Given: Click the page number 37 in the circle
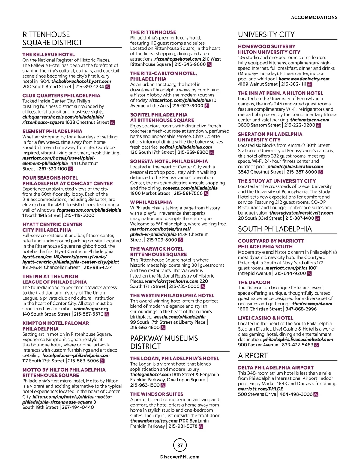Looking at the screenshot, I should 180,445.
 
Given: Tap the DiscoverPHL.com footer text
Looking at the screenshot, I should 180,457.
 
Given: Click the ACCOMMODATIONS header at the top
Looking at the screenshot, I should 314,17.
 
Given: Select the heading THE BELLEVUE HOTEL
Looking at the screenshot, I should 49,55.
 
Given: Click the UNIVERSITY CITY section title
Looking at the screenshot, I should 266,34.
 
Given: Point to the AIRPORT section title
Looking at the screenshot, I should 253,356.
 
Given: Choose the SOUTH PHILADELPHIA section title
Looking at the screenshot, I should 275,229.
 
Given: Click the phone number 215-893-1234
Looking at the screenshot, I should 90,87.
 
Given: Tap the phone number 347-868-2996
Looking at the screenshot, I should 301,309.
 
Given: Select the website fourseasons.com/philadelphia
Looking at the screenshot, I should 89,210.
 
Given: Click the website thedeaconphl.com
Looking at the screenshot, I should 312,304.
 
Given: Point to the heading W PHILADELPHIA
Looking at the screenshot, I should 151,203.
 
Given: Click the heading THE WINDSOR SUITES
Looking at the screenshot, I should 157,394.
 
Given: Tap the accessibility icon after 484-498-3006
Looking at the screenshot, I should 316,394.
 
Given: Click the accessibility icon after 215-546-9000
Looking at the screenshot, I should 209,64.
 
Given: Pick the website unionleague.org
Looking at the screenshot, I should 91,309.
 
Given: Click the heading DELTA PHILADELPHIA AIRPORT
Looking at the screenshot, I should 276,367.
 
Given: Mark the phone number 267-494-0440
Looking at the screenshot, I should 78,407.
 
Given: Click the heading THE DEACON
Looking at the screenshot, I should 254,282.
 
